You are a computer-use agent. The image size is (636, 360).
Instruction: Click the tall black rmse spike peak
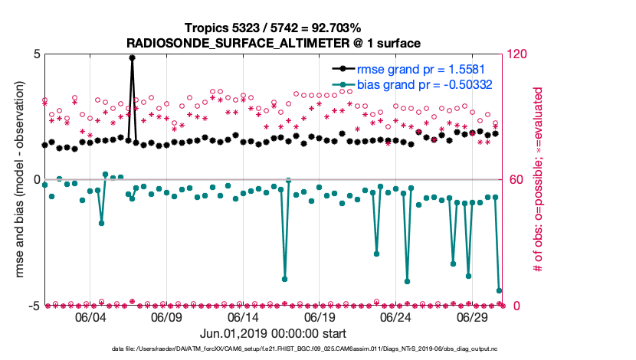click(133, 57)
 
